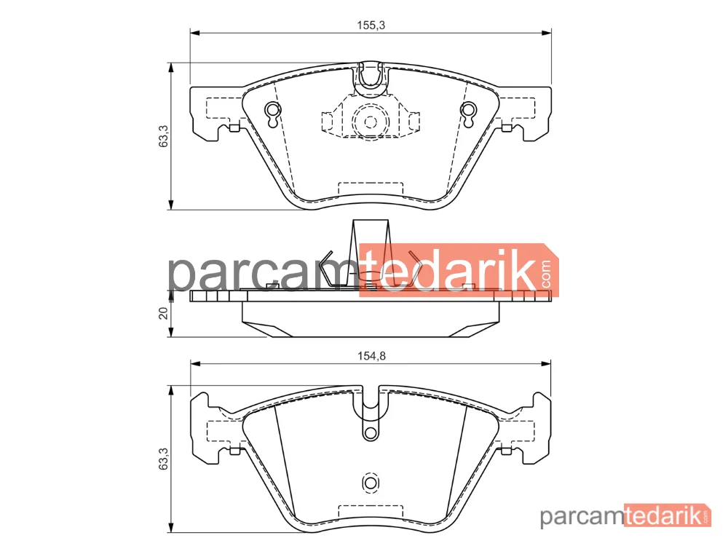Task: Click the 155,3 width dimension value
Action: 371,25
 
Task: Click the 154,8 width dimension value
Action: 371,356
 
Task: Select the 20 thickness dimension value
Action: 163,313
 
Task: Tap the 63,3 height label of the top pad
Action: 164,137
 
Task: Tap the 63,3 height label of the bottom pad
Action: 164,459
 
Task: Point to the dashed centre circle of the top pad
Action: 370,122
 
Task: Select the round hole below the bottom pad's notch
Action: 370,433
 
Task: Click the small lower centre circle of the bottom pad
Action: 370,483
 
